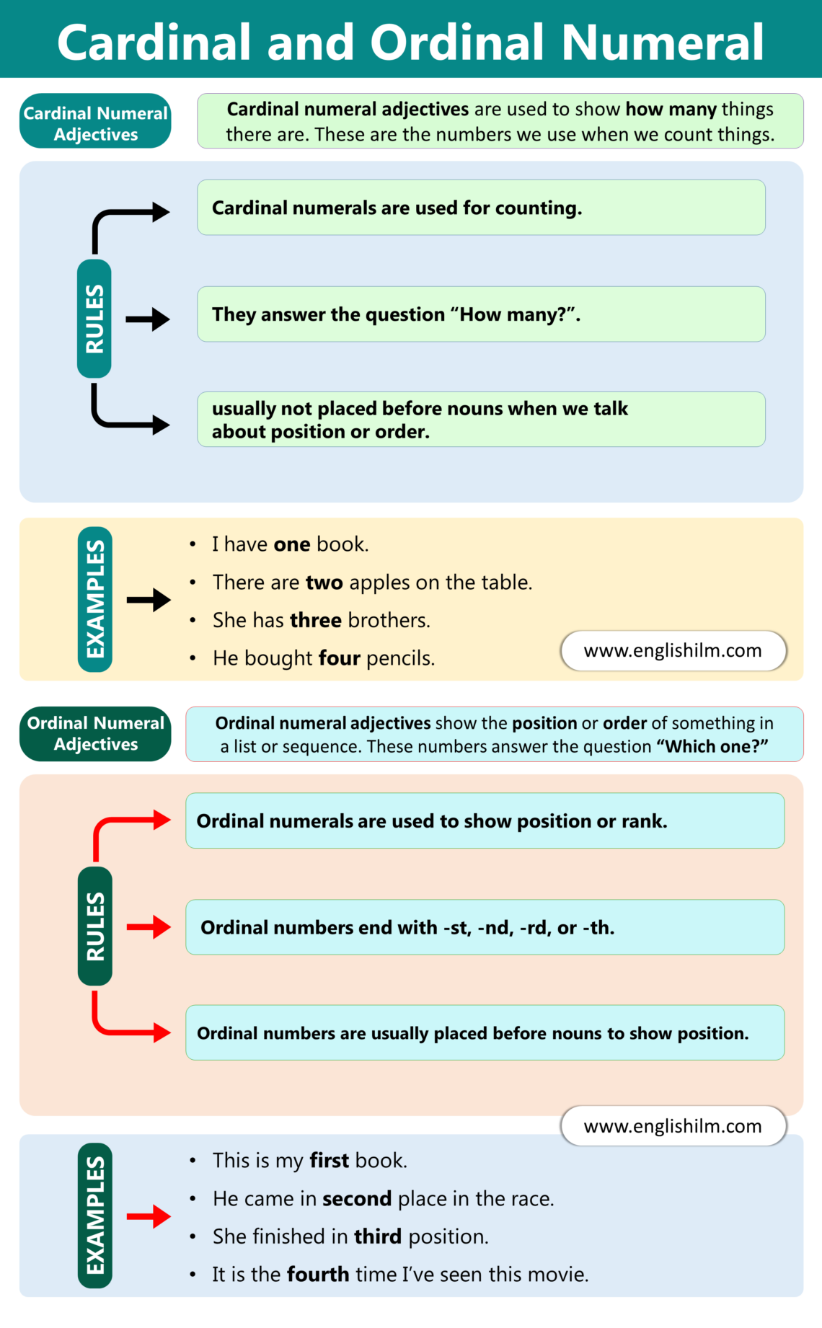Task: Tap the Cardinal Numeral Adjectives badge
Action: [x=95, y=122]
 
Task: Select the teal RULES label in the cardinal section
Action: [x=94, y=319]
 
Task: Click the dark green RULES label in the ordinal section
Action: [x=95, y=926]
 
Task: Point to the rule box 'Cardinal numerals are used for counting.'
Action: [x=480, y=208]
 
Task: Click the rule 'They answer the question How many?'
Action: [x=480, y=314]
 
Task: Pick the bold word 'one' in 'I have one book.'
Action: [x=291, y=544]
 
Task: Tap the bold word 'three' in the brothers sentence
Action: [x=315, y=621]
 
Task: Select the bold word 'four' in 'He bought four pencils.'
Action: [x=339, y=658]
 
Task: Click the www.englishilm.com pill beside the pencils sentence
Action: [x=673, y=651]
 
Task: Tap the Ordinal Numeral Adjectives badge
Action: [x=95, y=734]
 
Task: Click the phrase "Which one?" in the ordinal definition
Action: [x=712, y=747]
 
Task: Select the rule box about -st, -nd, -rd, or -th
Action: [x=485, y=927]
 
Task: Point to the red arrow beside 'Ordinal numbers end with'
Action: [x=149, y=927]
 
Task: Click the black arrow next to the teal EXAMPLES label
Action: [x=149, y=600]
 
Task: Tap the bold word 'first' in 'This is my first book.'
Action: [x=329, y=1161]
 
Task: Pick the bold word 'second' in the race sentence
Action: [x=356, y=1199]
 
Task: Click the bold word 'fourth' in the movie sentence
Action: [x=318, y=1275]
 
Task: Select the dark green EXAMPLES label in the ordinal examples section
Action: [x=95, y=1216]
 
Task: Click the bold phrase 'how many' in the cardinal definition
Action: [x=671, y=110]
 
